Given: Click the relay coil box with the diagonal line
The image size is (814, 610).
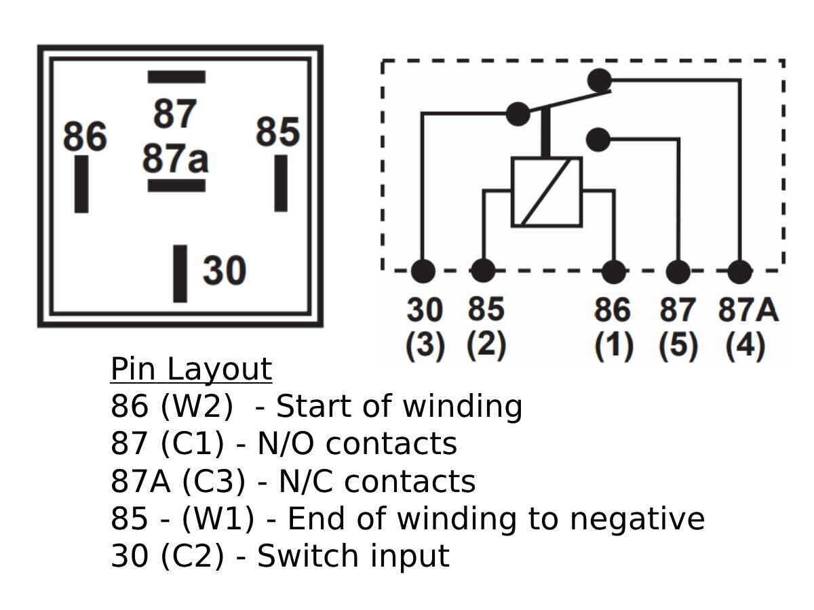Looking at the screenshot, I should (x=546, y=192).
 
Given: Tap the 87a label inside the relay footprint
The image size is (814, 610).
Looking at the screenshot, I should (x=175, y=159).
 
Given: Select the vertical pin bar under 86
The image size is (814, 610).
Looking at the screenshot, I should (x=81, y=184).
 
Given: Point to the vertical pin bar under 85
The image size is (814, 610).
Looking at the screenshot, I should (x=281, y=183).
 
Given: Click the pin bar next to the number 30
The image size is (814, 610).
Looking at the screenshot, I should (x=180, y=273).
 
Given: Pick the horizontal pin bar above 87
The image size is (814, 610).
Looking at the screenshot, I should (x=176, y=77).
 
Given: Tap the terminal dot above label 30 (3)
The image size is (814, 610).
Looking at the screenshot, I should (x=423, y=271).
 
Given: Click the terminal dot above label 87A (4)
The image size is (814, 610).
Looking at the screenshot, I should (x=740, y=271).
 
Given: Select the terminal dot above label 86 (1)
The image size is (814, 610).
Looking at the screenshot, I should (x=614, y=271).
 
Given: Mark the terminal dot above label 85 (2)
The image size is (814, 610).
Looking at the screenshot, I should (x=483, y=271).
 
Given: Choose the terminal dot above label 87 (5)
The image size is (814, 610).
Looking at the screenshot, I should (x=678, y=271).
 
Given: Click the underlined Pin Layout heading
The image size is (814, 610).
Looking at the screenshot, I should (x=191, y=369).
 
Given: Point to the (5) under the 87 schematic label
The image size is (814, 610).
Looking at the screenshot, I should (x=678, y=346).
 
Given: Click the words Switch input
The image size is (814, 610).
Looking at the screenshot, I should (x=353, y=556).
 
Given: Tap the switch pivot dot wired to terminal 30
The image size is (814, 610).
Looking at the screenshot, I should (x=518, y=114).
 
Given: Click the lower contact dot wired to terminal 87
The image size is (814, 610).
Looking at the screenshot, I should (x=598, y=140).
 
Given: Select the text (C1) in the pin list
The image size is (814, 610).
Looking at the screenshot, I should (x=192, y=444).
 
